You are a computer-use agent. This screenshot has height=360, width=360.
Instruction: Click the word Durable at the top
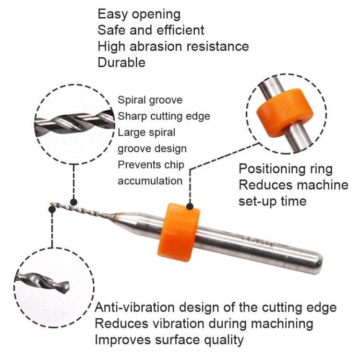coord(121,62)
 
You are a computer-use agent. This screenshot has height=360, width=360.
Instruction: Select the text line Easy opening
coord(139,14)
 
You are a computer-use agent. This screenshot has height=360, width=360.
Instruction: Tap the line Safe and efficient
coord(151,30)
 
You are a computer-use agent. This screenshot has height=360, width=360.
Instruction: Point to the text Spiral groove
coord(150,100)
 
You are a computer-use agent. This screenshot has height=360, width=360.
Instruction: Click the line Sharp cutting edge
coord(164,116)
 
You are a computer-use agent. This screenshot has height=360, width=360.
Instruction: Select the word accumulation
coord(150,181)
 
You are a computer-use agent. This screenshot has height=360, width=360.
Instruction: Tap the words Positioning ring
coord(286,169)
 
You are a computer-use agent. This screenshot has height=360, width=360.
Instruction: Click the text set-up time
coord(272,201)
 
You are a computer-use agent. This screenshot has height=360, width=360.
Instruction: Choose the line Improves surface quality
coord(169,340)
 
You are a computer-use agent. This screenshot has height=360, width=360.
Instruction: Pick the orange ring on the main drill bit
coord(179,228)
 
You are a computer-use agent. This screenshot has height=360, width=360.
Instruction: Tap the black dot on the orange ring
coord(190,206)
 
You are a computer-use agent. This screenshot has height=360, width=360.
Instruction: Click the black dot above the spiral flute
coord(73,203)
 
